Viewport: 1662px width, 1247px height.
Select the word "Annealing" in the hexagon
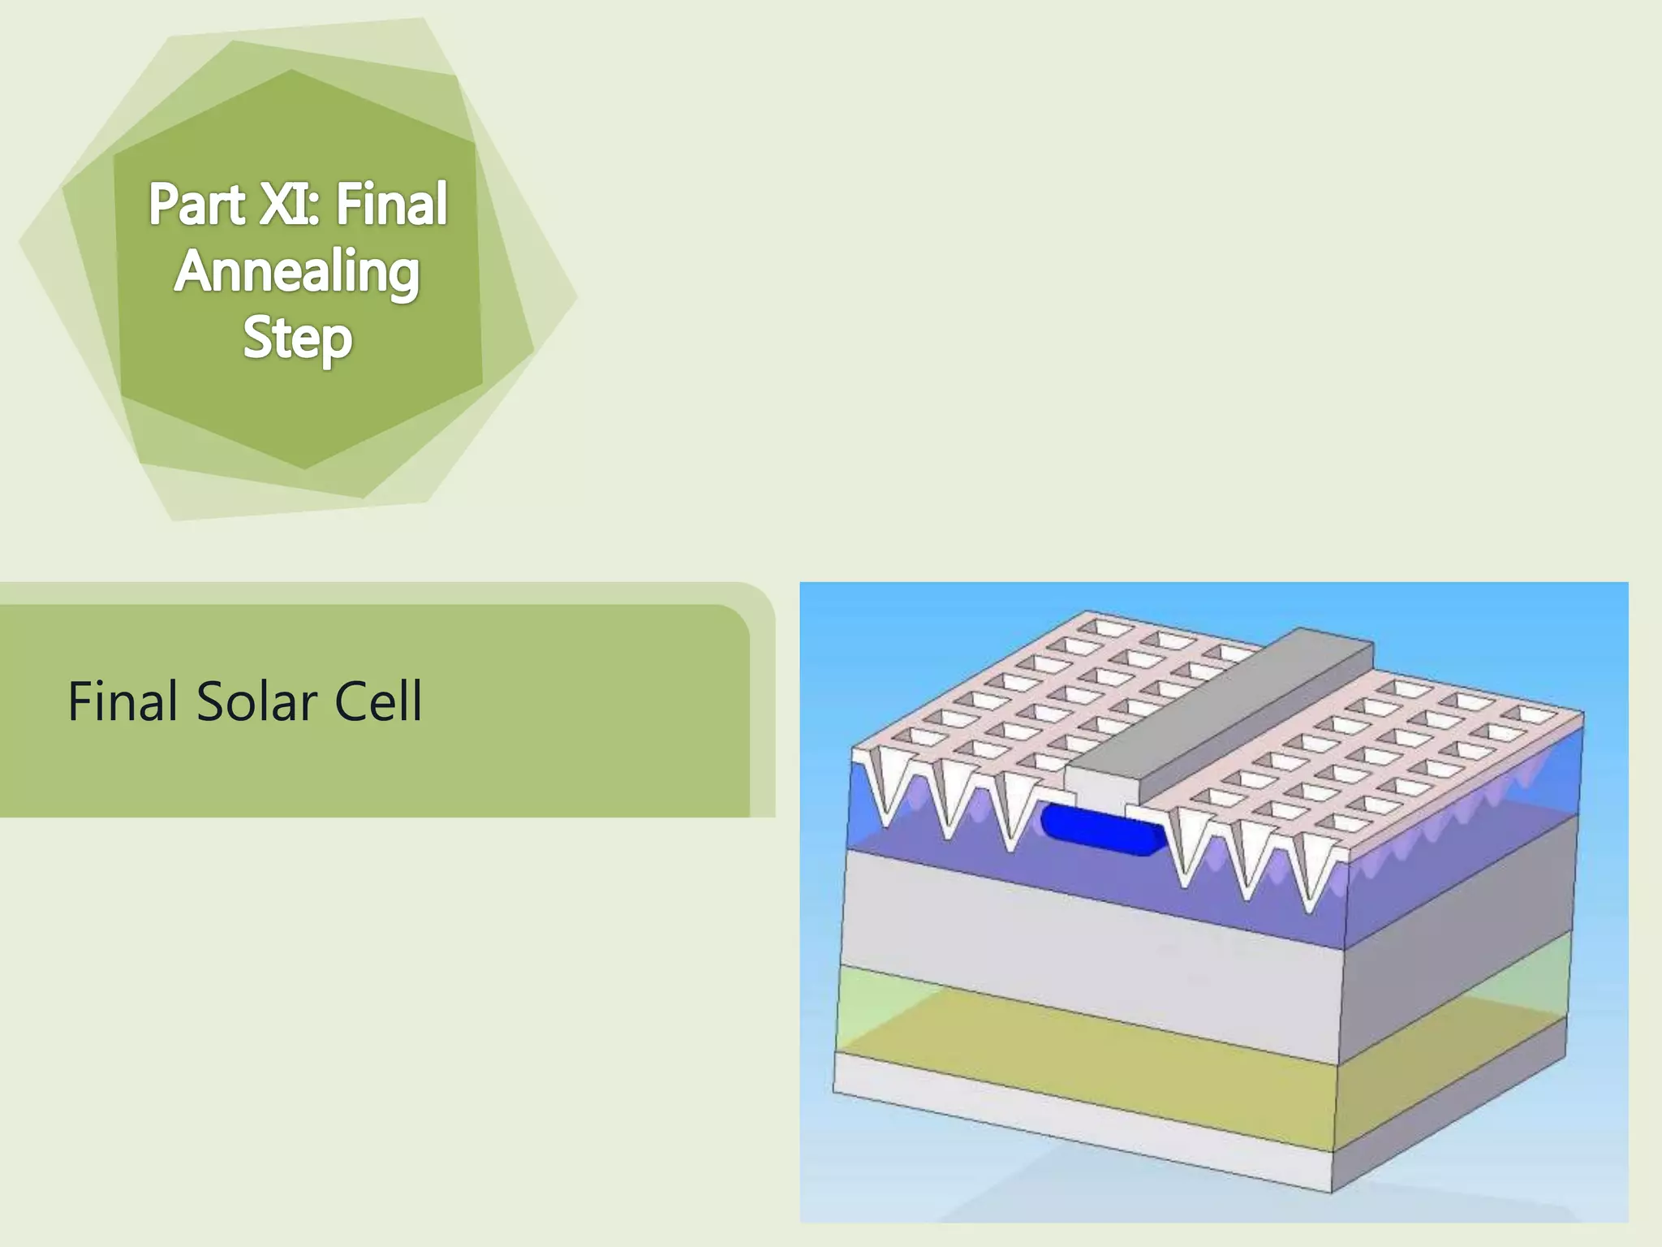pos(297,272)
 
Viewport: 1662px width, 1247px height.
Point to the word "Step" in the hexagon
pos(297,339)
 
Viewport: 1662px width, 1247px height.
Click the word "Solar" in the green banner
pos(256,701)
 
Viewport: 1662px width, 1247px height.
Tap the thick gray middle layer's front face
pos(1087,950)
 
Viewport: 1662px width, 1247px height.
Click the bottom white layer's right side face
pos(1453,1128)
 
